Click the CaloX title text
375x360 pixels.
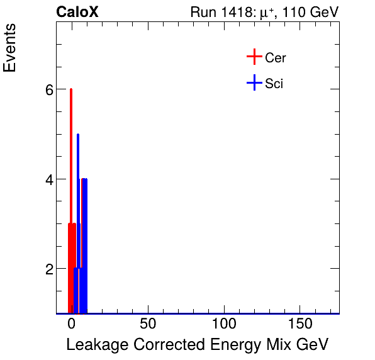(77, 13)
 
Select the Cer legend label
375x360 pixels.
(276, 58)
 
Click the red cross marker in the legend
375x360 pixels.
(254, 57)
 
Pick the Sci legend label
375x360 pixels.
(274, 83)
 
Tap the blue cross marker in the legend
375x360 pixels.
(254, 82)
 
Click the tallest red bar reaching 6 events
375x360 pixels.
(71, 189)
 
